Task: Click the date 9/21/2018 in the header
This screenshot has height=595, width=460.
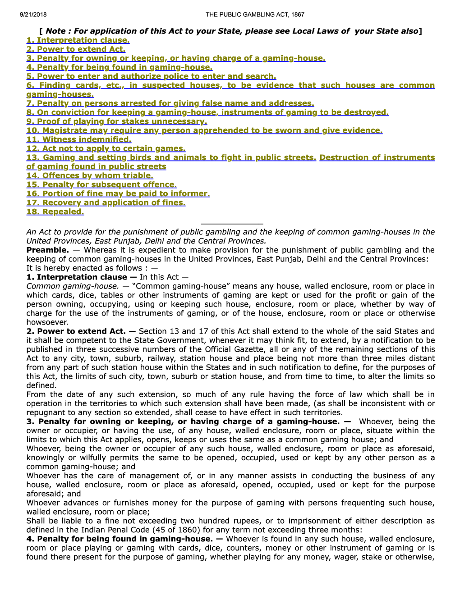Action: [33, 14]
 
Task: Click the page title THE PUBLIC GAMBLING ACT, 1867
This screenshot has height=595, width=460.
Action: [255, 14]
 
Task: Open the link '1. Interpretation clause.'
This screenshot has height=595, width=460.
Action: [78, 40]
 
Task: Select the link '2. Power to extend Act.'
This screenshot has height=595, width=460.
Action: [76, 49]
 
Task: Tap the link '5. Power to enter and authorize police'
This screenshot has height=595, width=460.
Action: [151, 76]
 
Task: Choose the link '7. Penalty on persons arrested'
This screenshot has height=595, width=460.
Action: [170, 103]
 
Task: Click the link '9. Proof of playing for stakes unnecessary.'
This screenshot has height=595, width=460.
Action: [116, 121]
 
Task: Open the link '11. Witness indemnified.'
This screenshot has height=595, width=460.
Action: [79, 139]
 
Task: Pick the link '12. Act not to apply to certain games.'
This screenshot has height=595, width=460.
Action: [106, 148]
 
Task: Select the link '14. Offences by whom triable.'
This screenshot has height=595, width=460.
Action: [90, 175]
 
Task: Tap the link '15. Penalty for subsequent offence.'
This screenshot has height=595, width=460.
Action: [101, 184]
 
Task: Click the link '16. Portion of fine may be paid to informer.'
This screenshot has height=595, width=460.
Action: [118, 193]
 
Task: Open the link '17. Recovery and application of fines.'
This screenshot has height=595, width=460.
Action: [106, 202]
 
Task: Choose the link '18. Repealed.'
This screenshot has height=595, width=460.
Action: [55, 211]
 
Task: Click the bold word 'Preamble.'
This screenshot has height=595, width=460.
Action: [47, 250]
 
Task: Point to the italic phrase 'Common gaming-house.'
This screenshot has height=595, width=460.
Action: [73, 286]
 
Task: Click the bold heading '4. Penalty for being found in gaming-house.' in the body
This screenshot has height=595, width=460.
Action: [119, 539]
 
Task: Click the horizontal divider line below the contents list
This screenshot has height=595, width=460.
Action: [232, 224]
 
